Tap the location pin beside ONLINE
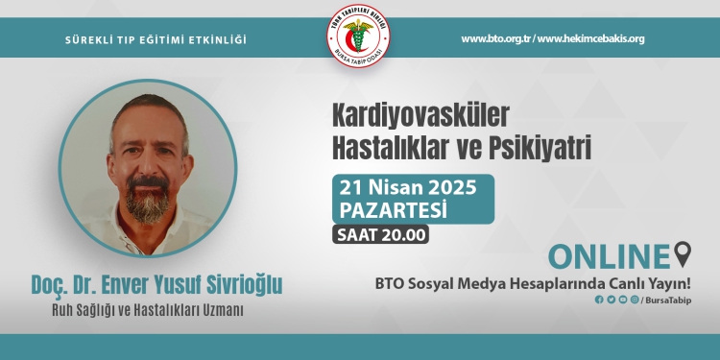point(683,255)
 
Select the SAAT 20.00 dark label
point(381,233)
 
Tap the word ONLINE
point(609,256)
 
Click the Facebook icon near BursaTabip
point(599,300)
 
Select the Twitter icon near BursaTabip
point(611,300)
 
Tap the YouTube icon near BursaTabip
point(622,300)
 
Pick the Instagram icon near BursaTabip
point(634,300)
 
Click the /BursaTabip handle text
point(665,300)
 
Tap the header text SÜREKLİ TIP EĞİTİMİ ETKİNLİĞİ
point(156,39)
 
